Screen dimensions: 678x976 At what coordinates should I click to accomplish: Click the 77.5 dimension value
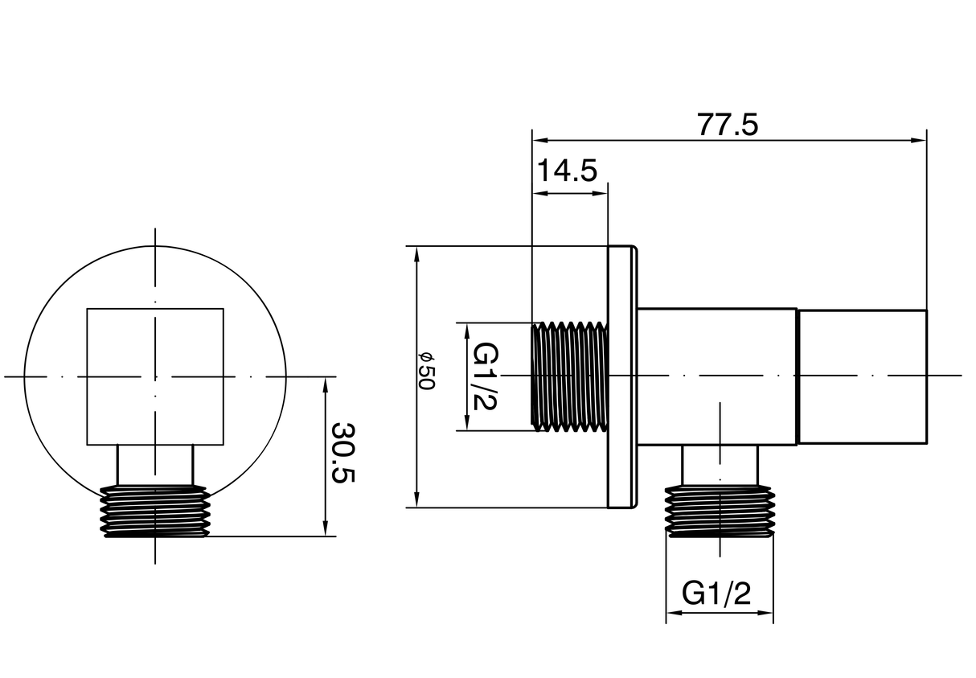point(728,125)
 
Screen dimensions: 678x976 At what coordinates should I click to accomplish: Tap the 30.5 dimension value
point(343,452)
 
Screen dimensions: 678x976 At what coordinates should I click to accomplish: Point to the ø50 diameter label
point(426,372)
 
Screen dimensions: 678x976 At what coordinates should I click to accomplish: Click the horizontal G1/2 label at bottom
point(716,594)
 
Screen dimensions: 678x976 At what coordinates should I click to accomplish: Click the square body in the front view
point(155,376)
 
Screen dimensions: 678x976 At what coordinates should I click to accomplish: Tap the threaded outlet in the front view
point(154,510)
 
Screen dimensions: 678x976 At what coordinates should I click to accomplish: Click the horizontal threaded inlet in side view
point(569,376)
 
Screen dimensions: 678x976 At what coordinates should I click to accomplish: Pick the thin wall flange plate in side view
point(621,376)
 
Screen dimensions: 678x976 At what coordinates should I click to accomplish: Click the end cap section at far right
point(862,376)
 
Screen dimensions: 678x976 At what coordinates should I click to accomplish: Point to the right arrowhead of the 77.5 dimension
point(920,140)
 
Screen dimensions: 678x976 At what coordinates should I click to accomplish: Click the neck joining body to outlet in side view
point(720,465)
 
